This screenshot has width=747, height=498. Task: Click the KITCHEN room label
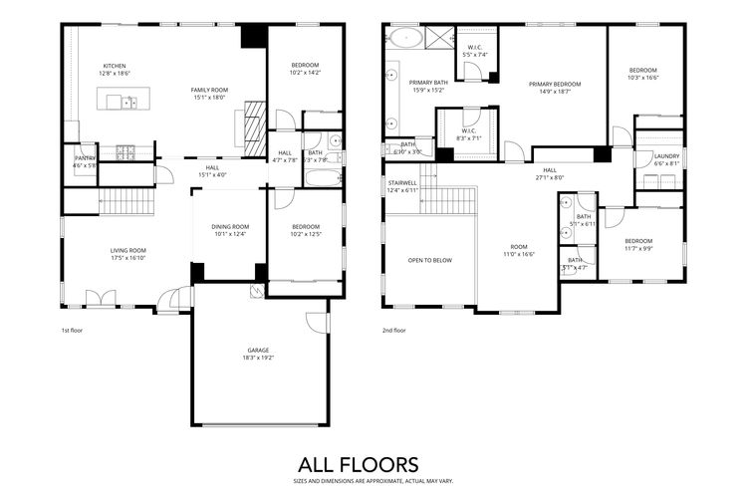tap(114, 66)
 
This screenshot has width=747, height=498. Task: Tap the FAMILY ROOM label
tap(209, 90)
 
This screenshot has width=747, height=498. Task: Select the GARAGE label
tap(259, 350)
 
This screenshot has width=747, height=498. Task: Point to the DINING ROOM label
tap(230, 226)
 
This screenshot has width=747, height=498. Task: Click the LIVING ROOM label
tap(127, 250)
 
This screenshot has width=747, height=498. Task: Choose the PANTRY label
tap(85, 158)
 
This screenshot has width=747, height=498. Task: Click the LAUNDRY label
tap(666, 156)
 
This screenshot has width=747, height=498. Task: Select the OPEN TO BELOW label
tap(430, 260)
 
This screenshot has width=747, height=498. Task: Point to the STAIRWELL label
tap(401, 182)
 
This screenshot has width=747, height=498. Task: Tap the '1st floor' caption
tap(73, 330)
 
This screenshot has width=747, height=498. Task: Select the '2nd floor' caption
tap(393, 330)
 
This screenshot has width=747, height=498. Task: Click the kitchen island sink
tap(129, 102)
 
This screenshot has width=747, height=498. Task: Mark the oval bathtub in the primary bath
tap(406, 40)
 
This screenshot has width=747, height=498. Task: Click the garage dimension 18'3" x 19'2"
tap(259, 358)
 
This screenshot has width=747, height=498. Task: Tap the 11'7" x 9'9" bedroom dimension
tap(638, 249)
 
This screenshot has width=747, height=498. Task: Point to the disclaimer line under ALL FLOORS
tap(359, 480)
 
